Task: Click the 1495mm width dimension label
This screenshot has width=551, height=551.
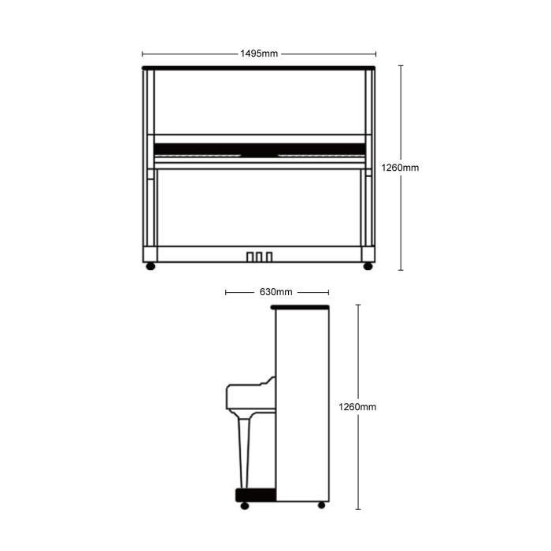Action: [259, 54]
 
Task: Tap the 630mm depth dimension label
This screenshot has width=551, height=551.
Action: [275, 292]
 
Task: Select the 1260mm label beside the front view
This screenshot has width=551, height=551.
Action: [400, 168]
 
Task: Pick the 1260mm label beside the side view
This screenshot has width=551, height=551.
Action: [357, 407]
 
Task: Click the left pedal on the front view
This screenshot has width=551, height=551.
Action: [250, 257]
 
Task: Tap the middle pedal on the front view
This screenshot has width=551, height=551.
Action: [259, 257]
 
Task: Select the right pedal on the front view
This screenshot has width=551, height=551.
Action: [269, 257]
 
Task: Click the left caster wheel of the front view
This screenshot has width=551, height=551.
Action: [150, 266]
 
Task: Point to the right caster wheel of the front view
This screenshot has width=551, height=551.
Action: [368, 266]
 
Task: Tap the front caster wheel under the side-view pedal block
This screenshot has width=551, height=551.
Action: [245, 505]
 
